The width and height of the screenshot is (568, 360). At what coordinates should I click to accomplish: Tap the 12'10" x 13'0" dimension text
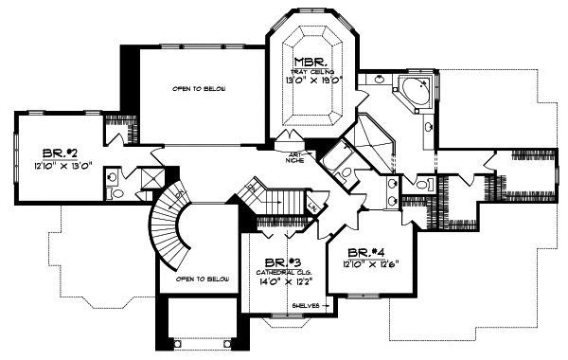[62, 167]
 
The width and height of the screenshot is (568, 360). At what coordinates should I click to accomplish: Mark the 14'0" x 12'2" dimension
[278, 281]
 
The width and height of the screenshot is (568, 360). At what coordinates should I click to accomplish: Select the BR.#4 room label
[364, 252]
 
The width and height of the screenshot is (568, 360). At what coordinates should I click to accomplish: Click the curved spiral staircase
[174, 223]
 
